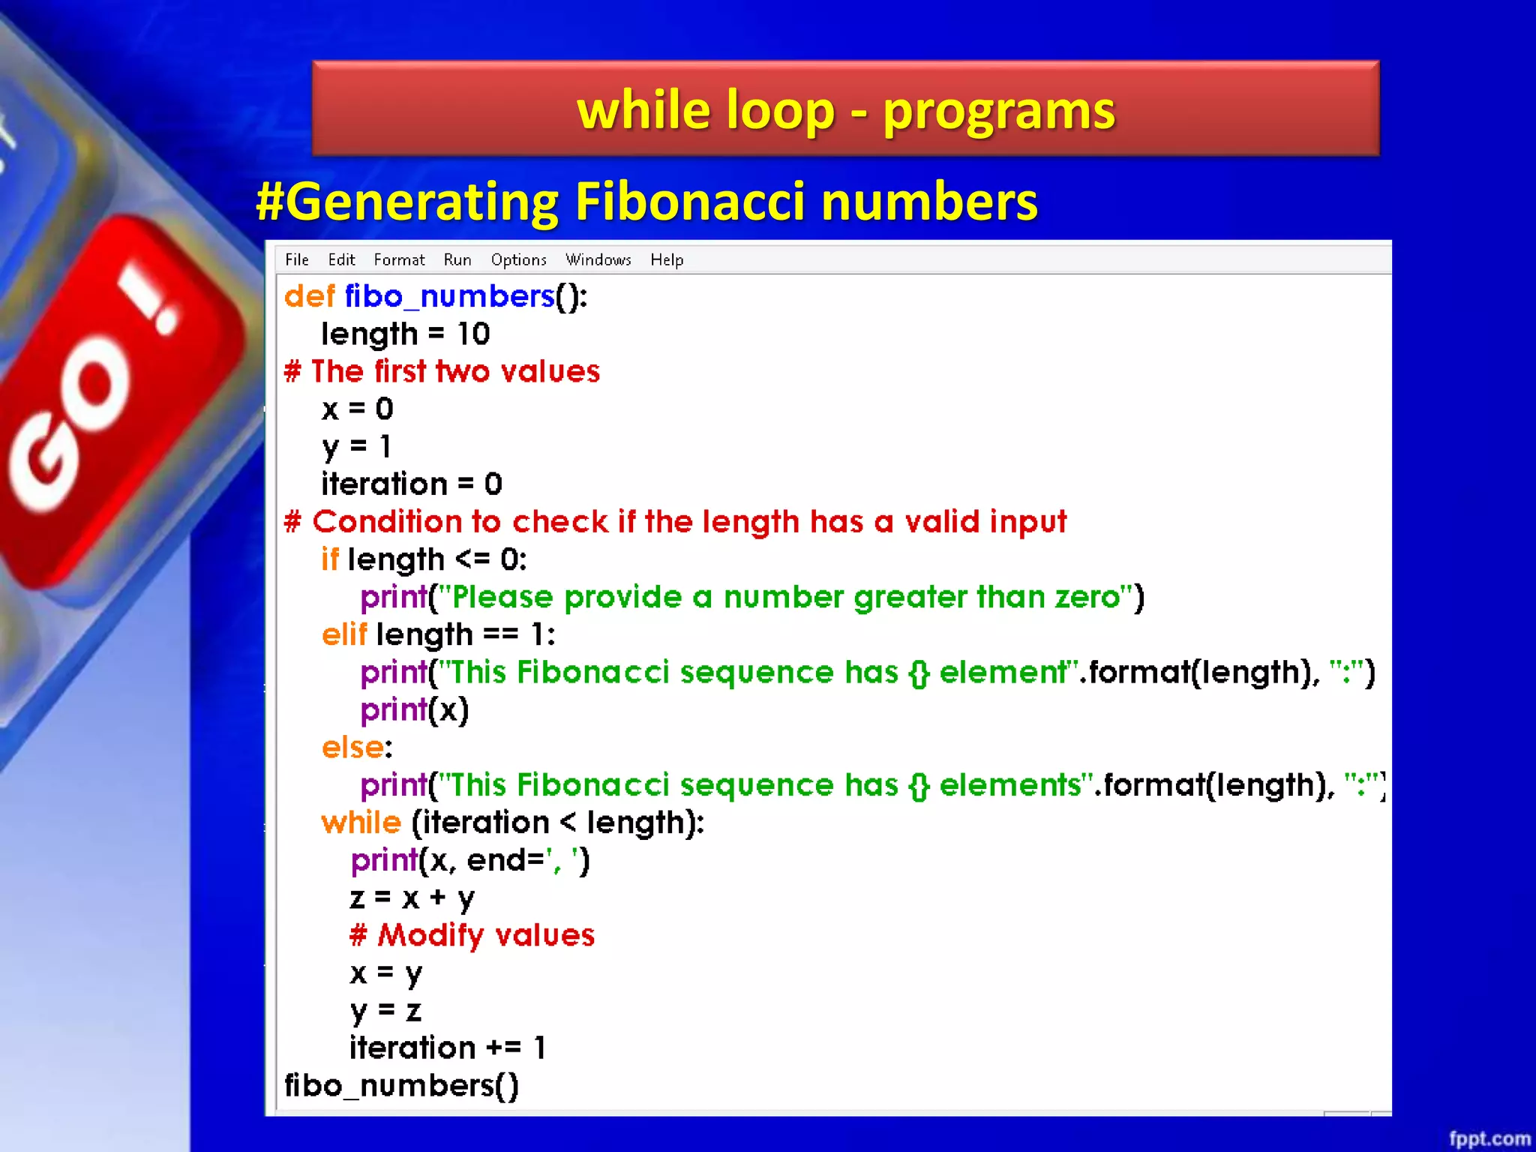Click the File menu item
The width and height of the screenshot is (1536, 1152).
(296, 259)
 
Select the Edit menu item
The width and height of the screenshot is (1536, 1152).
(341, 259)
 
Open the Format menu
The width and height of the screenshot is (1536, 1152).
(399, 259)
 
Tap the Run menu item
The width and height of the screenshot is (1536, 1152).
(457, 259)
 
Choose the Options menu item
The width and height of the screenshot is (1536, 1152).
(518, 259)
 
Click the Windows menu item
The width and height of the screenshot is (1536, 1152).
(598, 259)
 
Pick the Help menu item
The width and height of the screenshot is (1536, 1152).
(667, 259)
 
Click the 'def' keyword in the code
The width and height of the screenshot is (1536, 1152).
(309, 296)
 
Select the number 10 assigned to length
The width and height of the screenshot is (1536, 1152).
(473, 334)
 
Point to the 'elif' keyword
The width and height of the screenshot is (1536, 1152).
(344, 634)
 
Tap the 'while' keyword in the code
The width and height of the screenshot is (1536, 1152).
(361, 823)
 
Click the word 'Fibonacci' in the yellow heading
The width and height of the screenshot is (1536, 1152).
(689, 202)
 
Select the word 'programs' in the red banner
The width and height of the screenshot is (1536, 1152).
(999, 111)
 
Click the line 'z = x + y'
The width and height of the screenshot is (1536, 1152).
(412, 898)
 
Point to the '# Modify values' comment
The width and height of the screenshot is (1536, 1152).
(472, 935)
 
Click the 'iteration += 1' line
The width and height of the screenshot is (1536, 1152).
(448, 1048)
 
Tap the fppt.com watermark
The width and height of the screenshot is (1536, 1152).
(1489, 1138)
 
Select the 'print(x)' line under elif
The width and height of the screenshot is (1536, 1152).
(414, 709)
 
